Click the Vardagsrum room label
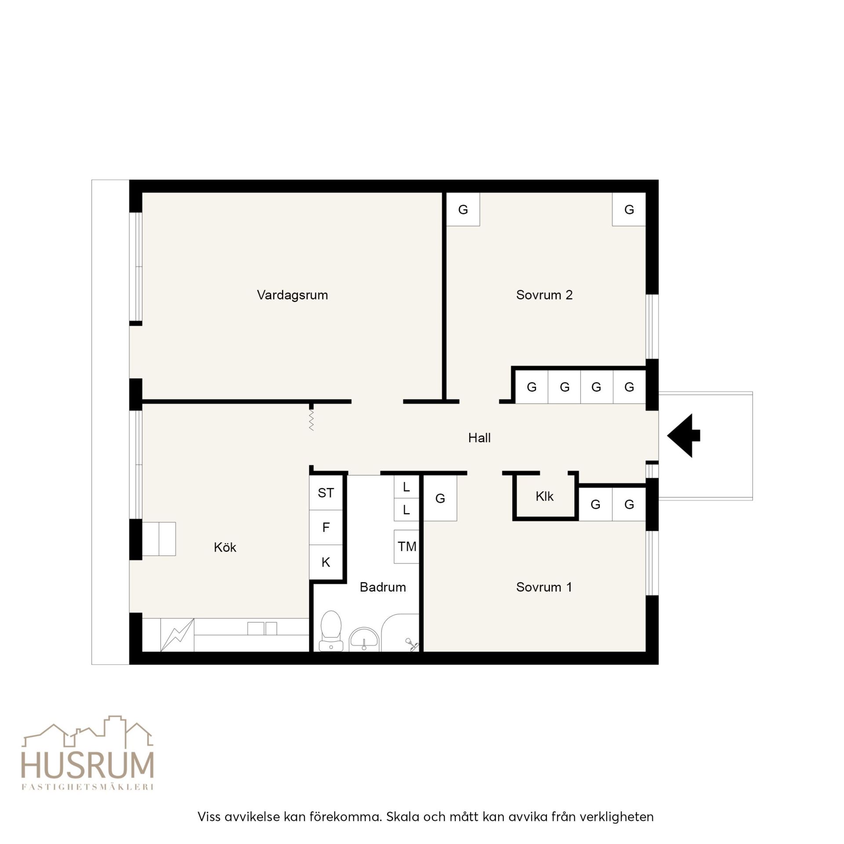tap(292, 295)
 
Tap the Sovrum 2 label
tap(544, 295)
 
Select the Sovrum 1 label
tap(544, 587)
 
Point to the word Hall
tap(479, 438)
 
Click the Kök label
tap(225, 547)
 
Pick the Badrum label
tap(382, 587)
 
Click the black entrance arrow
tap(684, 436)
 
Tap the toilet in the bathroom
tap(331, 631)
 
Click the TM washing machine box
tap(407, 547)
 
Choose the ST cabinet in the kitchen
tap(326, 493)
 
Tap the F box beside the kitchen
tap(326, 527)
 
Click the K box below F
tap(326, 562)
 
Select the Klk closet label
tap(544, 497)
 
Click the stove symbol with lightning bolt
tap(177, 635)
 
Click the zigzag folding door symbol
tap(311, 420)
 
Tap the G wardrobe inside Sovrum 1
tap(440, 498)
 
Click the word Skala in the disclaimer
tap(403, 817)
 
